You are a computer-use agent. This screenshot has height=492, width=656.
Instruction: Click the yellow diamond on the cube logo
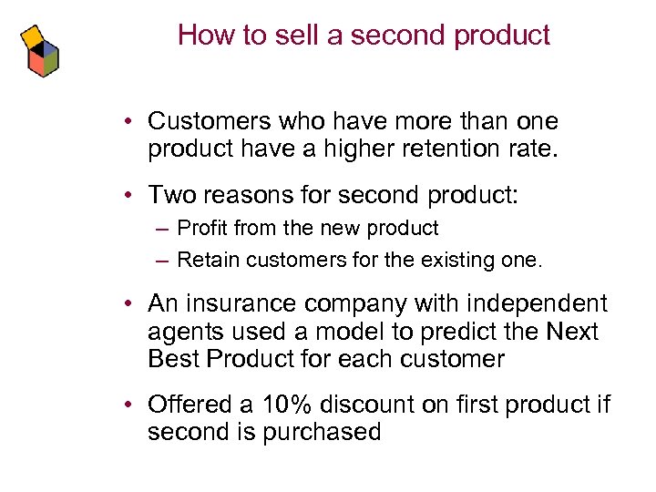[32, 36]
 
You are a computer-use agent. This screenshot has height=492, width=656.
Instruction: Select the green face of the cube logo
[51, 61]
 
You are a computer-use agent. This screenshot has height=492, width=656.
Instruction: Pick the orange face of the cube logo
[36, 63]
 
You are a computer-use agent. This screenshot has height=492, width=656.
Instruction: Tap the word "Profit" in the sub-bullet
[204, 229]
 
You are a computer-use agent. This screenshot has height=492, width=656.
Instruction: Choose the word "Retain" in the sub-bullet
[206, 261]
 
